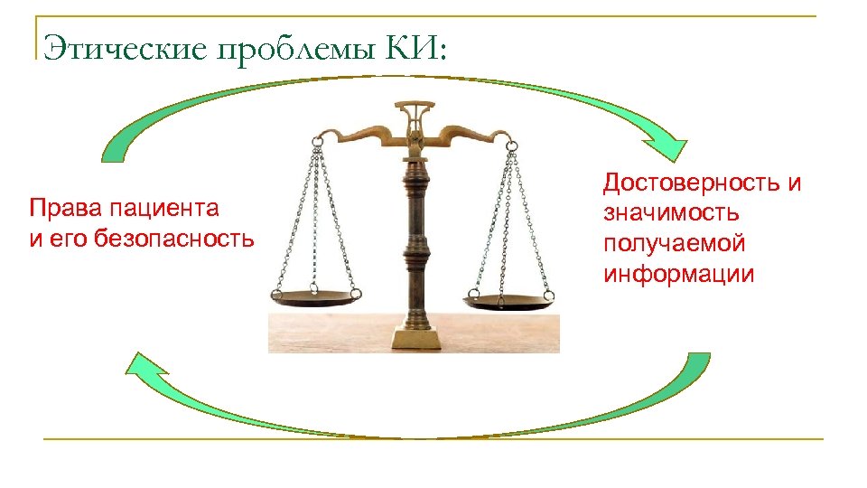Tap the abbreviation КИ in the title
[415, 47]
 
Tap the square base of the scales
[416, 337]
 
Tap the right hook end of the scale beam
[511, 141]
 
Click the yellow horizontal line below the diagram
[433, 439]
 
